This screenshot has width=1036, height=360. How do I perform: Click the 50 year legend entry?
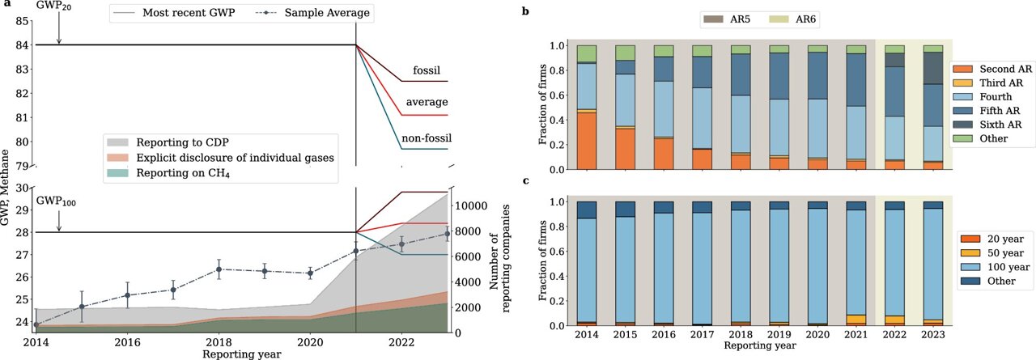997,252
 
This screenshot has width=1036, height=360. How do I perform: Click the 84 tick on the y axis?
25,45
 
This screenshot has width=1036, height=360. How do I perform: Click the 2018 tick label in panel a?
209,342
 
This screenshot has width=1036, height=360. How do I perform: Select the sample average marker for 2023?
448,235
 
